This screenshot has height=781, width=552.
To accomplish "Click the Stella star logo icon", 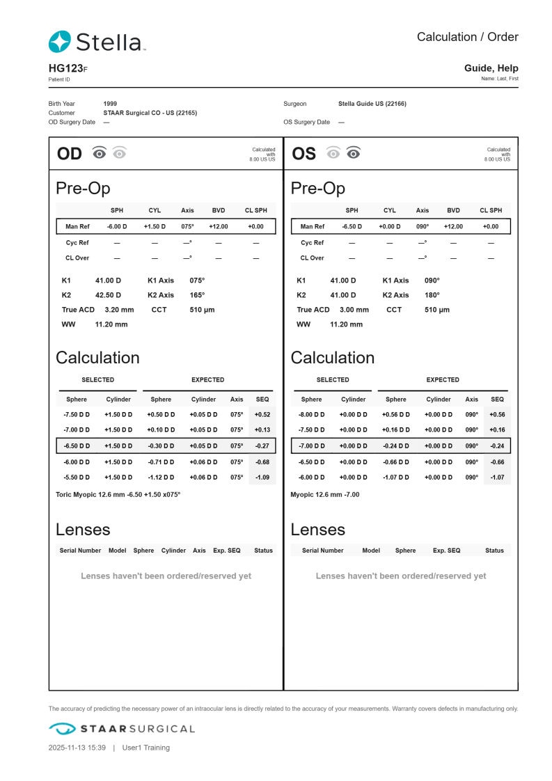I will [x=60, y=42].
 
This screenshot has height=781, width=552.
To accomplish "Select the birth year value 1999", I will [x=110, y=104].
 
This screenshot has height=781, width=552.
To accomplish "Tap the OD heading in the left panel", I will [x=69, y=154].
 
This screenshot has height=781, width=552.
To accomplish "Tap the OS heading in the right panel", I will [x=303, y=154].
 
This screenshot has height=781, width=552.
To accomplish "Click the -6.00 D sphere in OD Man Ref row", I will [x=117, y=226].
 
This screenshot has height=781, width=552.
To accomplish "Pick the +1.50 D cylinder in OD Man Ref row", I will [x=155, y=226].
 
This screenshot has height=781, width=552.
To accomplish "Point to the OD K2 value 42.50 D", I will [x=108, y=295].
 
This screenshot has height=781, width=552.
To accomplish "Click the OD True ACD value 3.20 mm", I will [x=119, y=310].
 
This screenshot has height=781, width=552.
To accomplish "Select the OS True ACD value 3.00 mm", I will [x=354, y=310].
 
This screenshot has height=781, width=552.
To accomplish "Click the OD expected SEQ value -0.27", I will [x=262, y=445].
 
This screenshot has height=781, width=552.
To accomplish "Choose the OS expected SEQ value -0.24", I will [x=497, y=445].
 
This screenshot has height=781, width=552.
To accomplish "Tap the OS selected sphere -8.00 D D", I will [x=311, y=414].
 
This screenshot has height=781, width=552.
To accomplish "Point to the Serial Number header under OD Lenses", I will [x=80, y=551].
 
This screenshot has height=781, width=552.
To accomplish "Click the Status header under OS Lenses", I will [x=494, y=551].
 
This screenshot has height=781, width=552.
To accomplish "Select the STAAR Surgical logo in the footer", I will [x=122, y=729].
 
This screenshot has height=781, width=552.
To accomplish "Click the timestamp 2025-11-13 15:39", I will [x=77, y=748].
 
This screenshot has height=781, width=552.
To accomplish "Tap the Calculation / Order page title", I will [x=467, y=37].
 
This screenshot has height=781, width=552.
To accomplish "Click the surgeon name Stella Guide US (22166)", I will [x=372, y=104].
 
